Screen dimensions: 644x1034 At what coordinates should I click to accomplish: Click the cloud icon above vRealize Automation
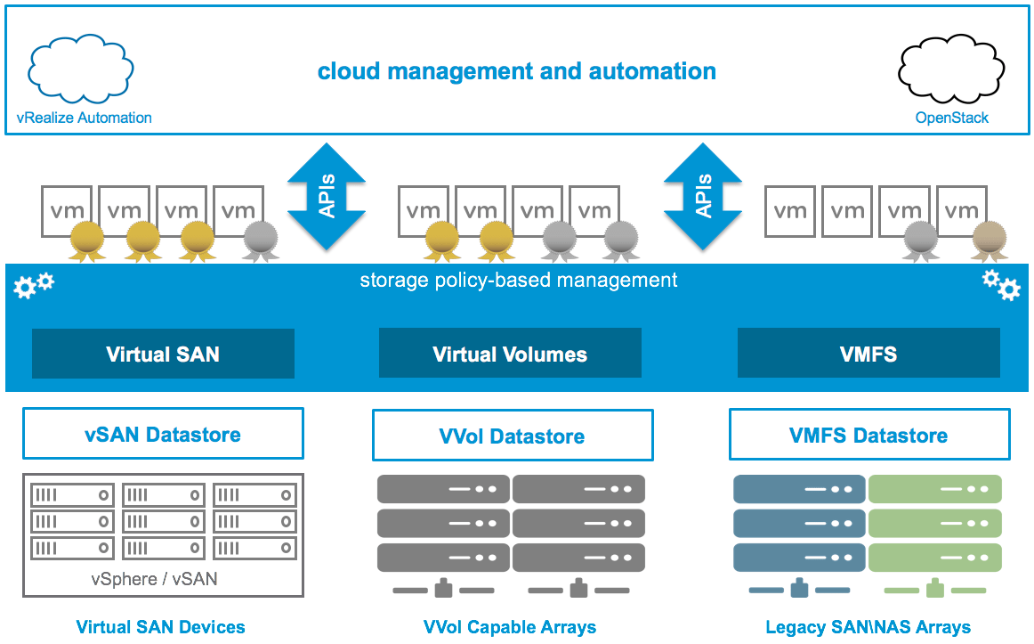82,70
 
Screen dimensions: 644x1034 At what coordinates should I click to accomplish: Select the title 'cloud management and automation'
517,71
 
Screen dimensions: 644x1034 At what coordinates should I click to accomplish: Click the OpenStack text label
951,118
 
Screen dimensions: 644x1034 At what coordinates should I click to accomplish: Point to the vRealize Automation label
85,118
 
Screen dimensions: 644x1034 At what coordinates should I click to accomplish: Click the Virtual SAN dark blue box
163,354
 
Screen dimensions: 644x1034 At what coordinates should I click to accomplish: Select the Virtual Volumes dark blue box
510,354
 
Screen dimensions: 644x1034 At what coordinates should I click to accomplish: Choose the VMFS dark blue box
868,354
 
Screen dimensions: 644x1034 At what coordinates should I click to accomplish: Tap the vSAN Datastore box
163,435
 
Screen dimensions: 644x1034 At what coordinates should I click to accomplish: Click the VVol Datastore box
513,436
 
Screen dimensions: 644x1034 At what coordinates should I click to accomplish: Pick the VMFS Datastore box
869,436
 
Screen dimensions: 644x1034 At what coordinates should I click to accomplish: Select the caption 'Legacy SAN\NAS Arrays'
868,627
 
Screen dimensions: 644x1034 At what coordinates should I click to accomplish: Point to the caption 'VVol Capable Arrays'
510,627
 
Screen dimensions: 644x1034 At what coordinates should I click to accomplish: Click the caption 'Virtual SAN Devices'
160,627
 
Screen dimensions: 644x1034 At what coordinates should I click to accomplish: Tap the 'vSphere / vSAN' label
154,579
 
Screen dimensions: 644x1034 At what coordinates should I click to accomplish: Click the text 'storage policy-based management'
518,281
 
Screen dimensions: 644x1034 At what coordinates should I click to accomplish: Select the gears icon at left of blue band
34,285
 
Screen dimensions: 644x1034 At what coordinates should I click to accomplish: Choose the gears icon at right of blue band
1001,285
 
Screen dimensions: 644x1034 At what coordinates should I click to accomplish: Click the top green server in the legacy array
934,489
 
